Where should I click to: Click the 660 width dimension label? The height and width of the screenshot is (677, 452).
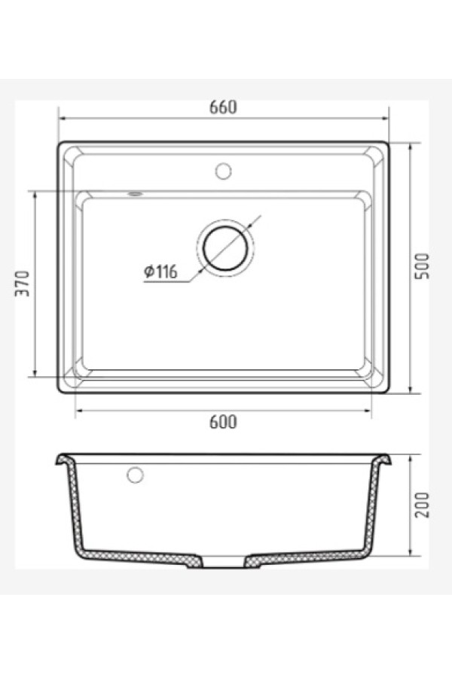(223, 108)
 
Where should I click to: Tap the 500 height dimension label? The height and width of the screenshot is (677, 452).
(422, 266)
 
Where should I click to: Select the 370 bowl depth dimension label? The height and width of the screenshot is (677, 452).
(22, 284)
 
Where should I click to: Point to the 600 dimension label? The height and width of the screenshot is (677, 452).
(223, 422)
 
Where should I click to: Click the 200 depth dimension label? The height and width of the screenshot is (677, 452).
(422, 505)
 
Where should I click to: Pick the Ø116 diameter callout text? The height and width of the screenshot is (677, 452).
(160, 272)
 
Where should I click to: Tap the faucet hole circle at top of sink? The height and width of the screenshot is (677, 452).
(223, 170)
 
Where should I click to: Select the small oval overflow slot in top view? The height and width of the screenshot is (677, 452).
(135, 194)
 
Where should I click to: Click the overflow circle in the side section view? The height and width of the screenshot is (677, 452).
(135, 475)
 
